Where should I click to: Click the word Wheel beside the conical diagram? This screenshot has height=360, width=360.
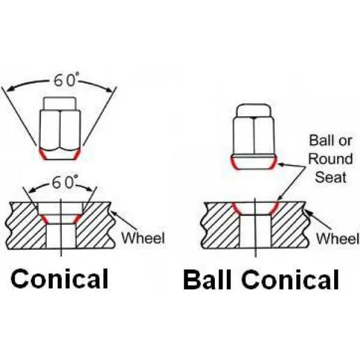pyautogui.click(x=143, y=238)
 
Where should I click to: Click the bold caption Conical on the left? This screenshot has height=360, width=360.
pyautogui.click(x=59, y=278)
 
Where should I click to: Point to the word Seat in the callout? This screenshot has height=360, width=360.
pyautogui.click(x=331, y=177)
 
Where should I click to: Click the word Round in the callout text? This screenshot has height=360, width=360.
pyautogui.click(x=331, y=159)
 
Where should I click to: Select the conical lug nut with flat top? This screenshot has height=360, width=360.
pyautogui.click(x=60, y=128)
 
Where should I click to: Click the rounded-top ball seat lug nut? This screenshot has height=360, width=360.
pyautogui.click(x=254, y=137)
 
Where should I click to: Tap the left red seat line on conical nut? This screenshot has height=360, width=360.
pyautogui.click(x=43, y=154)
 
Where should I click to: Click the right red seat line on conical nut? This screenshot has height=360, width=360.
pyautogui.click(x=77, y=154)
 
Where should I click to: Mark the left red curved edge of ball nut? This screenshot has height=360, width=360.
pyautogui.click(x=234, y=163)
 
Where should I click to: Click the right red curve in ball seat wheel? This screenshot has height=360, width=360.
pyautogui.click(x=274, y=208)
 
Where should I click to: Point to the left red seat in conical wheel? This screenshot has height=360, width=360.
pyautogui.click(x=44, y=219)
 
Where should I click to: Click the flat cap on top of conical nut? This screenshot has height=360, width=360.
pyautogui.click(x=60, y=104)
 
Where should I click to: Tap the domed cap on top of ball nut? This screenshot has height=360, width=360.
pyautogui.click(x=254, y=110)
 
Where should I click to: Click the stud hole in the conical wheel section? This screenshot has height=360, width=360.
pyautogui.click(x=61, y=236)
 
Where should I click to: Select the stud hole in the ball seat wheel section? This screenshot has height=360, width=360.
pyautogui.click(x=255, y=232)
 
